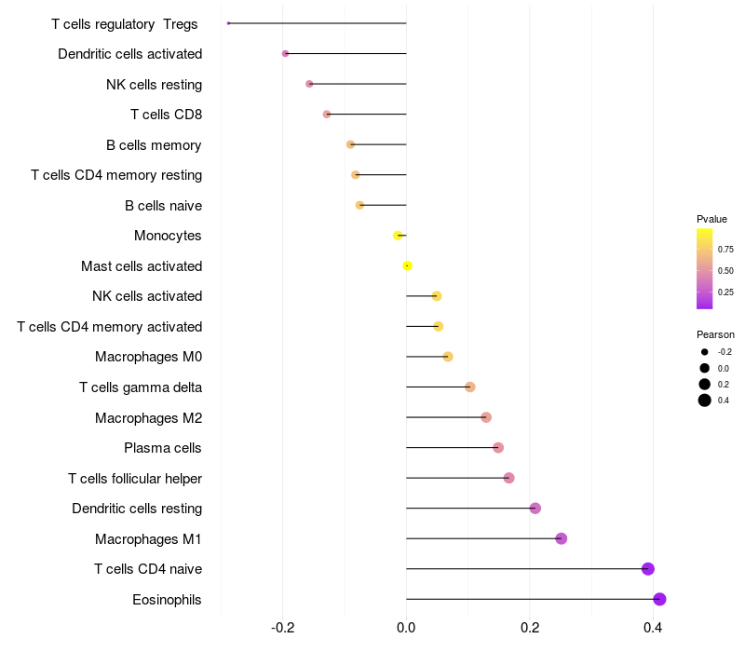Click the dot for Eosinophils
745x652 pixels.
point(659,599)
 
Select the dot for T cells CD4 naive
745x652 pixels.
point(647,569)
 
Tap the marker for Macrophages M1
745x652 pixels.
point(562,538)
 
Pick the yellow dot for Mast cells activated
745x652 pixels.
point(407,265)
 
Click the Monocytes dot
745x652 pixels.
point(398,236)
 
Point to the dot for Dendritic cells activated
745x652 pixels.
point(285,54)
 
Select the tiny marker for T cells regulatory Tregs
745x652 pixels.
point(228,23)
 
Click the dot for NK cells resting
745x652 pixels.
point(309,84)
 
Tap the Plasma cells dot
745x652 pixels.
point(498,448)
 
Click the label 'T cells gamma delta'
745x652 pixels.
point(141,387)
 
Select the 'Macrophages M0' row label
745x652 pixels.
point(149,357)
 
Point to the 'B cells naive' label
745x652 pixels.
point(164,205)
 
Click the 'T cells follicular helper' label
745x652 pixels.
point(135,478)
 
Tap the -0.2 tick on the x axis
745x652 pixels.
point(283,628)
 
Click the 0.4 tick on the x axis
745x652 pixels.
point(653,628)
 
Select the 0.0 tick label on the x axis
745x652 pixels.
point(406,628)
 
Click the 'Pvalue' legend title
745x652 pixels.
point(711,219)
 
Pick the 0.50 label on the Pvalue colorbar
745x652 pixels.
point(725,270)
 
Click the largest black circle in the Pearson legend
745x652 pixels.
point(705,401)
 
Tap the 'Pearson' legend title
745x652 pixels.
point(715,334)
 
